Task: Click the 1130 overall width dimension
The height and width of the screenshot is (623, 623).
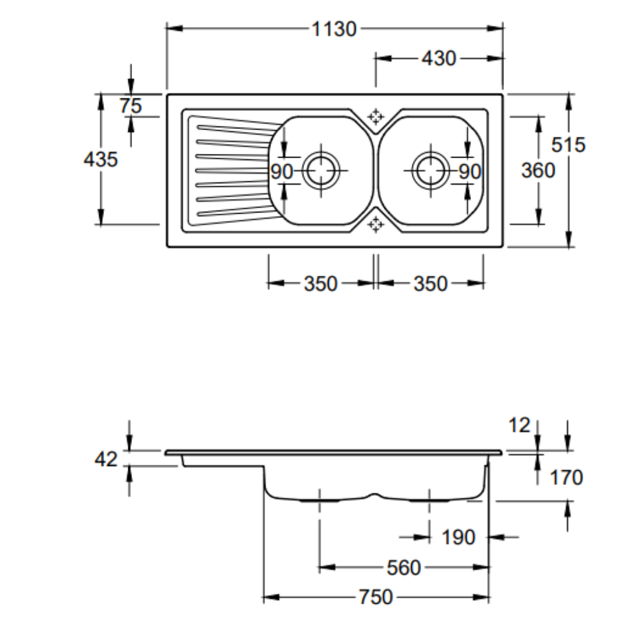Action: point(335,29)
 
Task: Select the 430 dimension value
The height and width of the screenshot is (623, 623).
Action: point(439,59)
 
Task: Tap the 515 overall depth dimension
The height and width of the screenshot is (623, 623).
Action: point(569,145)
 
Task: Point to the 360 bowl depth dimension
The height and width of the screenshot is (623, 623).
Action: point(538,169)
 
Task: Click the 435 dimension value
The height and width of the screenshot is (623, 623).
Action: point(100,159)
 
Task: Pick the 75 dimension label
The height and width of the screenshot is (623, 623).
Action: point(131,106)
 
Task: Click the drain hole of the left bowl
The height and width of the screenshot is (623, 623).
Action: point(321,169)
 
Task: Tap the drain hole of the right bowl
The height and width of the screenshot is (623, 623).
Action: point(430,169)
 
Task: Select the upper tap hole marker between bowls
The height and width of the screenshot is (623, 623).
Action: point(376,116)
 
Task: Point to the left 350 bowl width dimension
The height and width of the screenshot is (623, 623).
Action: point(320,284)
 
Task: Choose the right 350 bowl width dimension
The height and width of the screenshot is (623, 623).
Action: point(430,284)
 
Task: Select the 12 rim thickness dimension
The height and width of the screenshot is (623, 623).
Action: point(519,426)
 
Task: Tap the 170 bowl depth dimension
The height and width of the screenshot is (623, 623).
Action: point(566,478)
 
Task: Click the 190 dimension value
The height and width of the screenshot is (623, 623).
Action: point(458,537)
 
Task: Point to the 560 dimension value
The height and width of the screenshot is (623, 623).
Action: point(404,568)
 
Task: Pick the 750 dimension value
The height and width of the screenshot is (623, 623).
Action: point(376,597)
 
